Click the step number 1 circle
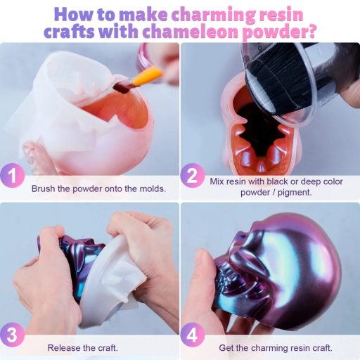pyautogui.click(x=13, y=176)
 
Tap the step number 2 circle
pyautogui.click(x=193, y=175)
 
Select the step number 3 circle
pyautogui.click(x=13, y=335)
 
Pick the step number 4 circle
pyautogui.click(x=193, y=335)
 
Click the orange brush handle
pyautogui.click(x=147, y=75)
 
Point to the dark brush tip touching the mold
pyautogui.click(x=122, y=88)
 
